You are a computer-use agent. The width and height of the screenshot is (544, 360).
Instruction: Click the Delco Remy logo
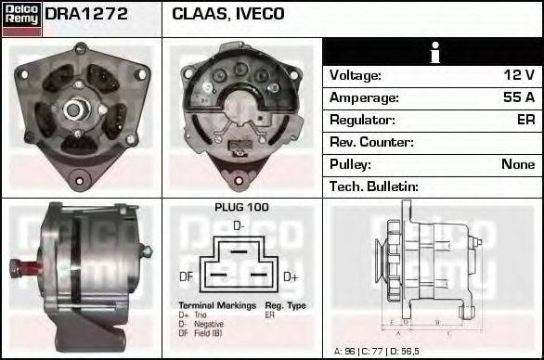tap(21, 19)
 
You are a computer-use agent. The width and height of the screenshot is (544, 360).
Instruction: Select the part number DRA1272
tap(85, 15)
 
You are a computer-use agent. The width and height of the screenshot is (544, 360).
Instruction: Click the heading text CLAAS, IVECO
tap(228, 15)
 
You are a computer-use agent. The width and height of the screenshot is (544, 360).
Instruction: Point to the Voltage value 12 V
tap(519, 75)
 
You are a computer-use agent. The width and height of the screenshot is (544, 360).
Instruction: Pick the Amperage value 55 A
tap(518, 97)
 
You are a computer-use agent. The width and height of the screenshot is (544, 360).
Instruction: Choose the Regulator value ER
tap(525, 120)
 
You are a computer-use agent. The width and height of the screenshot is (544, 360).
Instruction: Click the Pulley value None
tap(518, 164)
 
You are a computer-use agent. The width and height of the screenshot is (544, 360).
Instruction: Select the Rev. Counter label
tap(371, 142)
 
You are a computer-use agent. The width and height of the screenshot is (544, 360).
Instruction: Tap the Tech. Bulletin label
tap(374, 186)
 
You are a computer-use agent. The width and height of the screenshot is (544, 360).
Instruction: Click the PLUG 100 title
tap(241, 207)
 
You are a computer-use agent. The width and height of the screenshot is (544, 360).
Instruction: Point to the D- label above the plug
tap(239, 225)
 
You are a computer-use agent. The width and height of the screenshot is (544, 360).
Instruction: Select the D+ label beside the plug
tap(291, 276)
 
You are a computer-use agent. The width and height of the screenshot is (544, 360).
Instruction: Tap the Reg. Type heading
tap(285, 305)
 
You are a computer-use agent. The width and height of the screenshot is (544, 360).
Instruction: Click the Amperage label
tap(365, 97)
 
